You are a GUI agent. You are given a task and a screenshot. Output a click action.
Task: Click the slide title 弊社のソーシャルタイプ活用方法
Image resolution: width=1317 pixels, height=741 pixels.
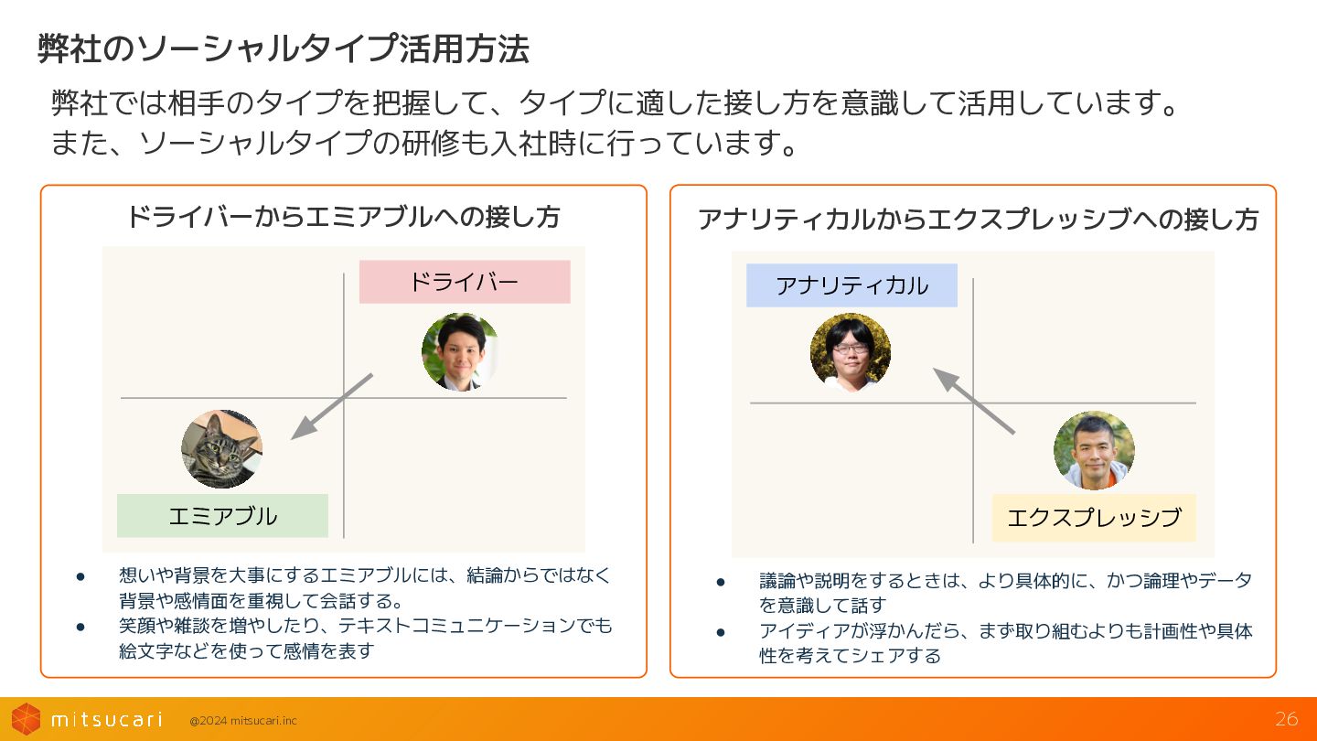[x=283, y=49]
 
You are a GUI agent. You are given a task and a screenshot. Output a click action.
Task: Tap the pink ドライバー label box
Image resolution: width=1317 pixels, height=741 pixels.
[x=464, y=282]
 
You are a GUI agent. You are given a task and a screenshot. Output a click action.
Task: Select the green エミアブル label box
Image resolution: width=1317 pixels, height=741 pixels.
[x=222, y=516]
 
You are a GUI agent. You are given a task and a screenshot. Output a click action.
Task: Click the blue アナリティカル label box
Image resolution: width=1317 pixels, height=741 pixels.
[x=851, y=285]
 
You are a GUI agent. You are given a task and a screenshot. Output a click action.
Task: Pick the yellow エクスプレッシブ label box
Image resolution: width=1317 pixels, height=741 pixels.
[x=1094, y=518]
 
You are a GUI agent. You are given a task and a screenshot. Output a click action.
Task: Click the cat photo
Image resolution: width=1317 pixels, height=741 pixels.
[x=221, y=449]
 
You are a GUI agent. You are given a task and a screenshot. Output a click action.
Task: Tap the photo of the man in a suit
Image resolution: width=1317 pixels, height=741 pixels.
[x=460, y=352]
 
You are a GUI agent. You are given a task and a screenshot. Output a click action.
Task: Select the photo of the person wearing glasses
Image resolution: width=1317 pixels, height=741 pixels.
[x=851, y=352]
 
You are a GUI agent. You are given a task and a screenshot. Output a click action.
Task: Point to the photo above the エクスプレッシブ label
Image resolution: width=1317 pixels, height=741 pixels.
[x=1094, y=450]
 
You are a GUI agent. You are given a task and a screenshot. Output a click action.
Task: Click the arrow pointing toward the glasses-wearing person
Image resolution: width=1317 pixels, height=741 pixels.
[x=973, y=401]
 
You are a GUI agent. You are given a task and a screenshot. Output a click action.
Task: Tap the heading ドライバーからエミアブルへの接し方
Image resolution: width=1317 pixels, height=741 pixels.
[x=342, y=218]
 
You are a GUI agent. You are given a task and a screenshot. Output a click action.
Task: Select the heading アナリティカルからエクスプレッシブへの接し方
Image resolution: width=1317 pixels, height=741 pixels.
[x=978, y=220]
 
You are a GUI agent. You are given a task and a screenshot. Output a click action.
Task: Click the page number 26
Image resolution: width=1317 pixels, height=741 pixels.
[x=1286, y=719]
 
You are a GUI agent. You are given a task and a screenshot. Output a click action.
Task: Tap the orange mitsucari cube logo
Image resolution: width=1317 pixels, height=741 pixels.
[x=26, y=719]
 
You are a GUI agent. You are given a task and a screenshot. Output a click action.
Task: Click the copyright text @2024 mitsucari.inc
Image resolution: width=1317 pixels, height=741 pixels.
[x=243, y=721]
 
